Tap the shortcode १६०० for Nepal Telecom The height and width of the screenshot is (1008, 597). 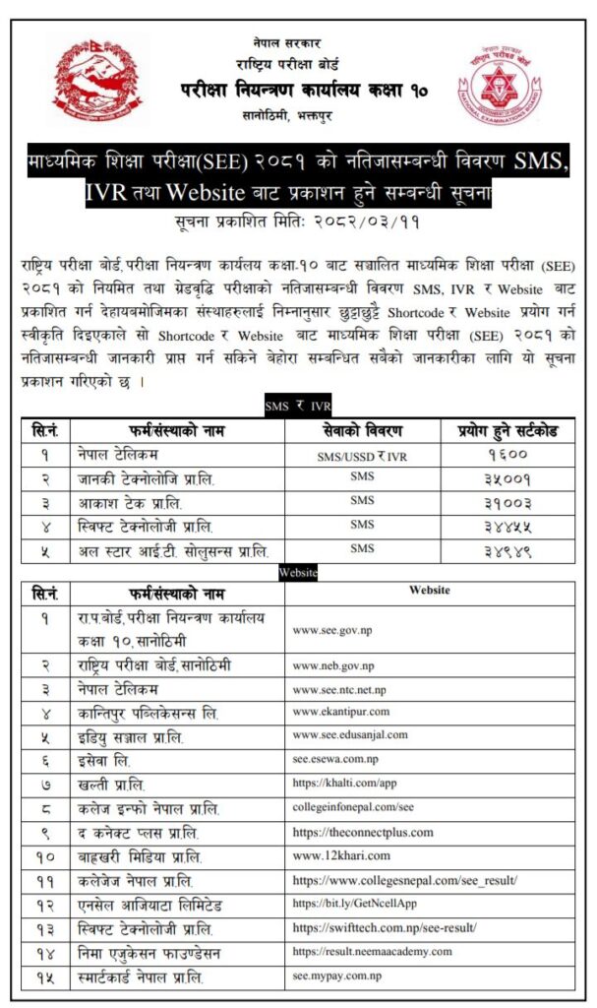pyautogui.click(x=508, y=456)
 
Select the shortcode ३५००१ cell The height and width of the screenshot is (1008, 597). pyautogui.click(x=508, y=479)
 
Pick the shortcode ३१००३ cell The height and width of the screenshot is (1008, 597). pyautogui.click(x=508, y=503)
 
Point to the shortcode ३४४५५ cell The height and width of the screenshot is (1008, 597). pyautogui.click(x=508, y=527)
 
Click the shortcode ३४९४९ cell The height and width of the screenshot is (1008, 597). pyautogui.click(x=508, y=550)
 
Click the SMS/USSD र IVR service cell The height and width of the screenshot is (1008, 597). pyautogui.click(x=362, y=456)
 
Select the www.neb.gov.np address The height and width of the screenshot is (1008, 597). pyautogui.click(x=333, y=666)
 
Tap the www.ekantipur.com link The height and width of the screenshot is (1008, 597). pyautogui.click(x=341, y=712)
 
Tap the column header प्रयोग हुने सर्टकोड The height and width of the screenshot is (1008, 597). pyautogui.click(x=508, y=431)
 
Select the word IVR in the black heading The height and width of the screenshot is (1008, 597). pyautogui.click(x=106, y=192)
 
